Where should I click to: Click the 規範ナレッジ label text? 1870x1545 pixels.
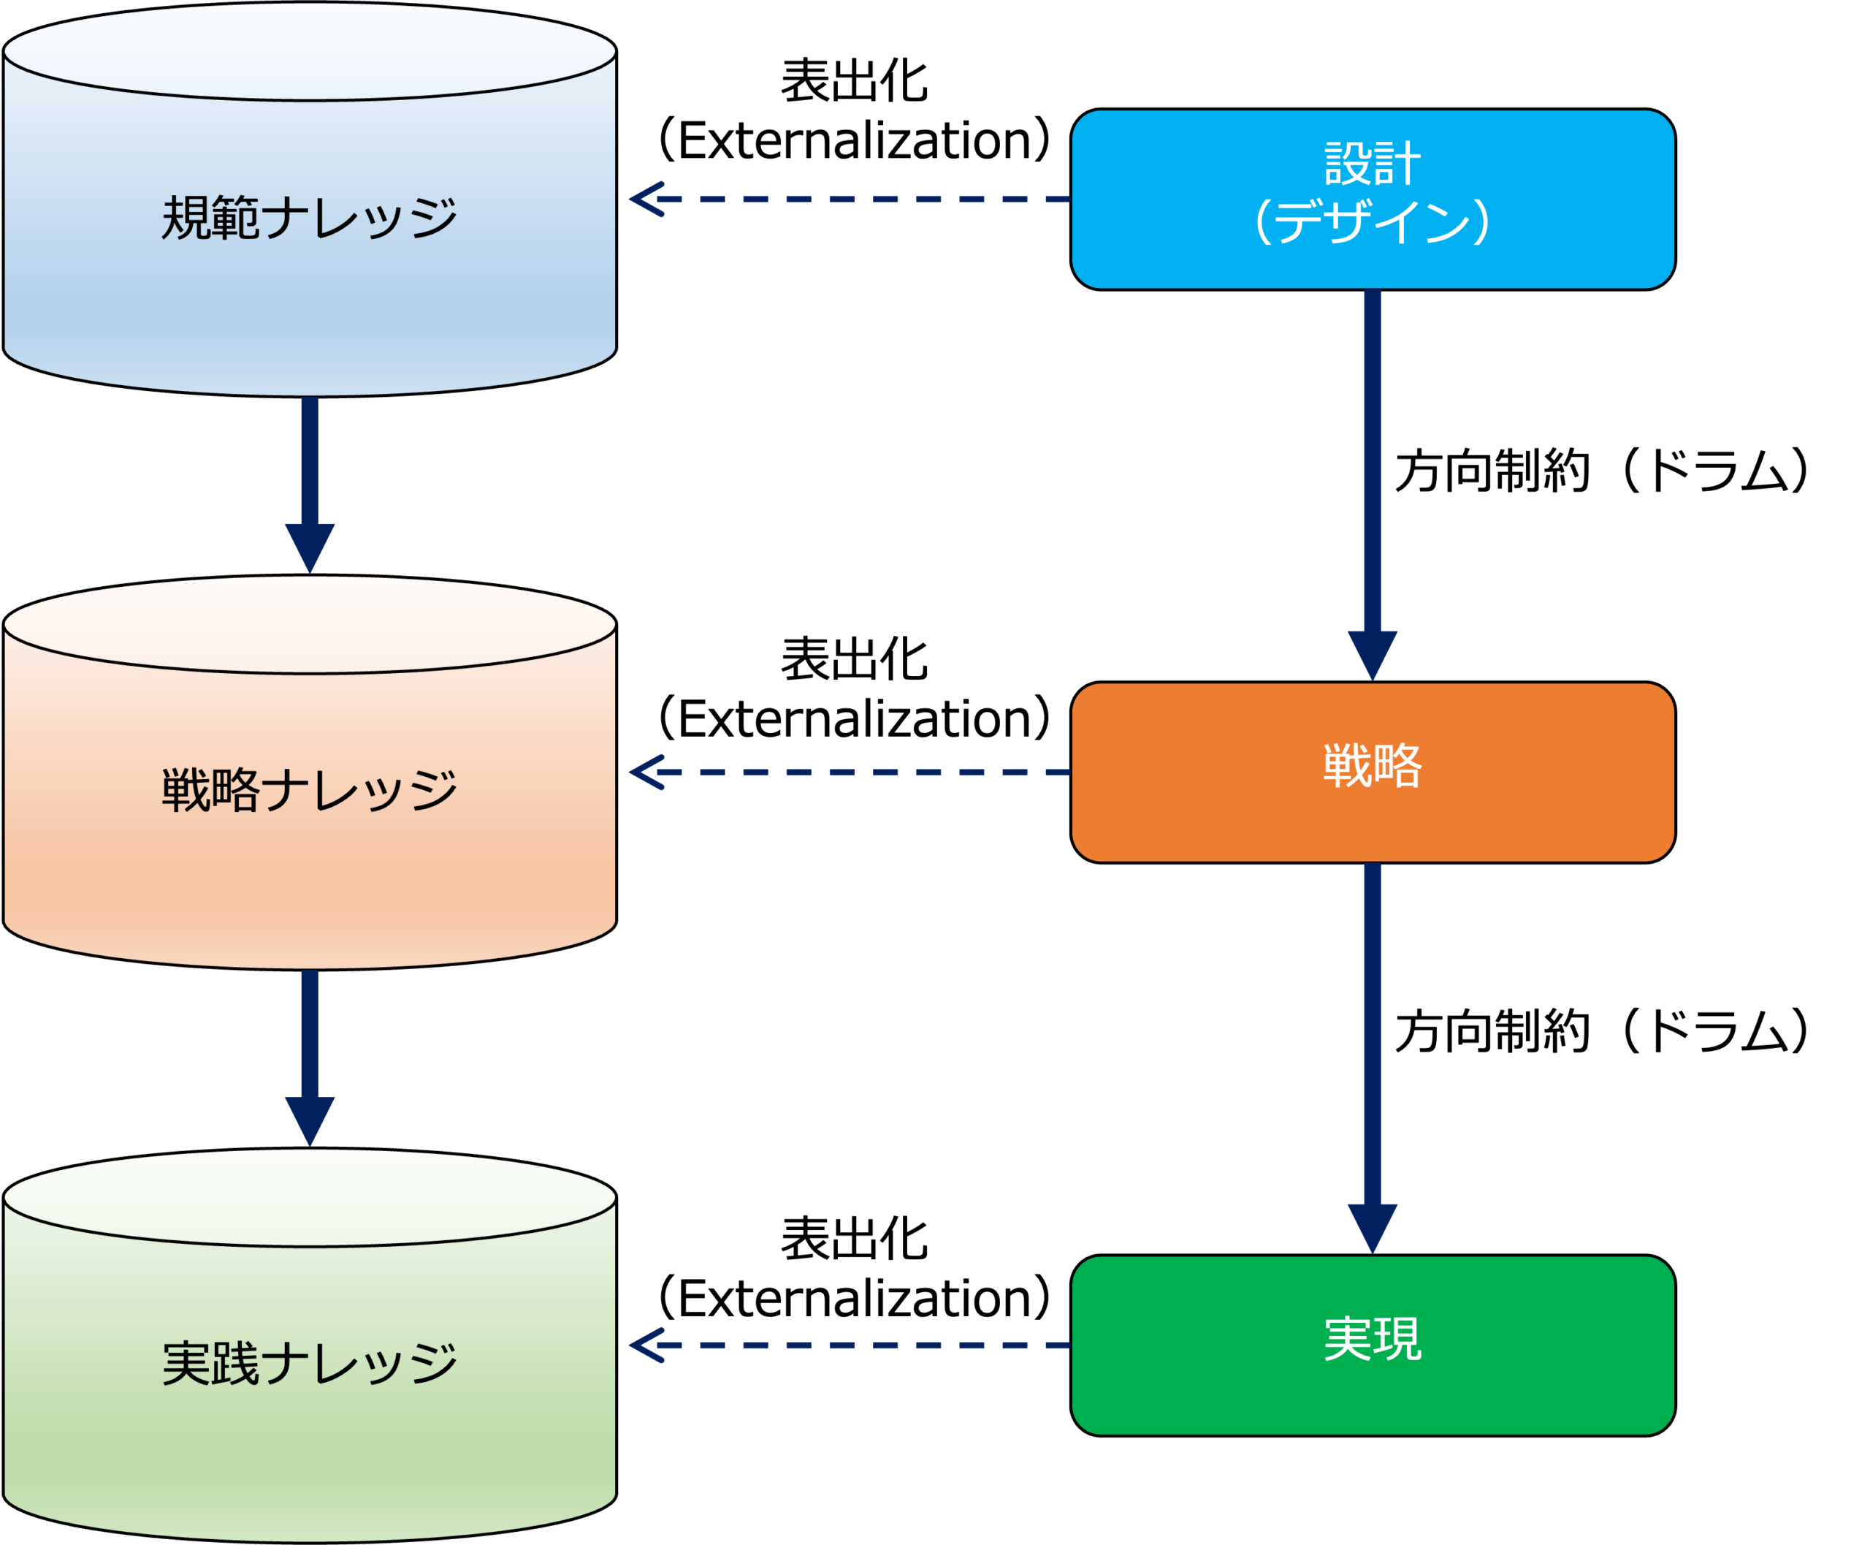tap(309, 218)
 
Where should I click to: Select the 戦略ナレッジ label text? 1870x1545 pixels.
tap(309, 790)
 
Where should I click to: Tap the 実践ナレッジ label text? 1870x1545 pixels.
tap(309, 1364)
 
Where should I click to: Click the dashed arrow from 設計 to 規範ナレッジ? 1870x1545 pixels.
tap(850, 200)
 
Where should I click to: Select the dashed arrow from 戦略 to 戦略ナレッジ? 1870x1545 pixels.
tap(850, 772)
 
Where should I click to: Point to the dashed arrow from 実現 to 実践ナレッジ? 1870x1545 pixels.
tap(850, 1345)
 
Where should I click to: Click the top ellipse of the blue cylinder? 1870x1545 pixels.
tap(310, 52)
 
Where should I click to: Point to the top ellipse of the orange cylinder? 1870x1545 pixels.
tap(310, 625)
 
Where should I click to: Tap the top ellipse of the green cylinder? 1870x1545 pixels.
tap(310, 1198)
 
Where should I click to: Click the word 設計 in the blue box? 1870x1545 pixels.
tap(1373, 164)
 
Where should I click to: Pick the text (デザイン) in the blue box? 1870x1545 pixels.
tap(1373, 222)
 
